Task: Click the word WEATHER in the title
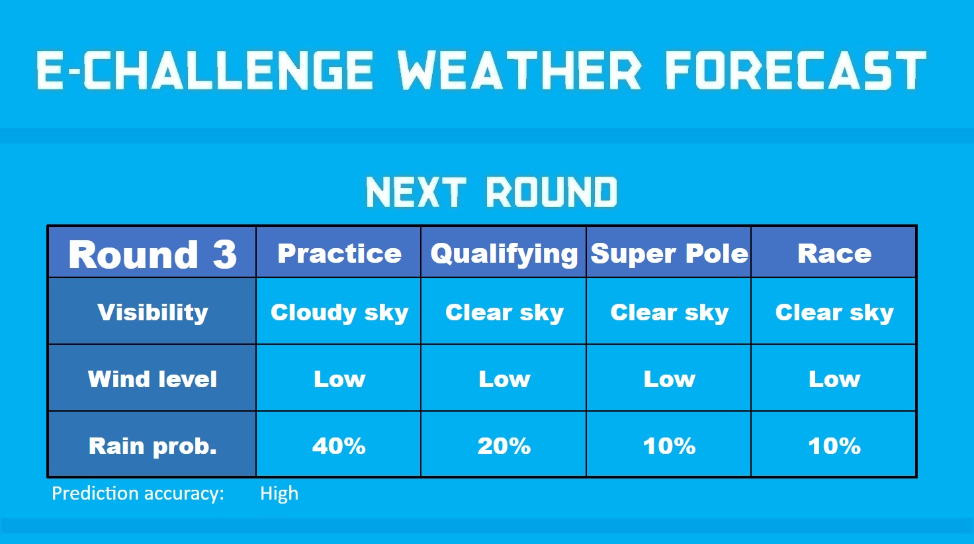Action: coord(519,70)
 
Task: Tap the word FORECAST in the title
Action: coord(796,70)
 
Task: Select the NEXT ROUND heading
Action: coord(492,192)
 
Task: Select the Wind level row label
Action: coord(152,379)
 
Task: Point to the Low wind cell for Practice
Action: coord(339,379)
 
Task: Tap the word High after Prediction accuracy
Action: coord(279,494)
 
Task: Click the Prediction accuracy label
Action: coord(138,494)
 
